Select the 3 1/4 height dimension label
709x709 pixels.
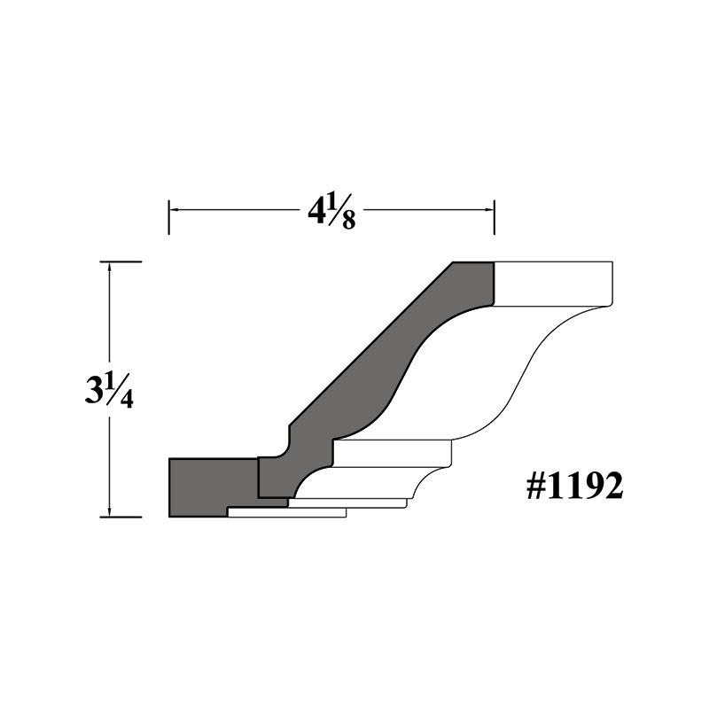(x=109, y=390)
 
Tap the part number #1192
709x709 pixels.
(x=574, y=486)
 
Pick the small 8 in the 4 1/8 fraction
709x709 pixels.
(x=348, y=221)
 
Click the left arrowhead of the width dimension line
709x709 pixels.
(x=173, y=210)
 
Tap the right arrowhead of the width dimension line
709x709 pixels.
(x=490, y=210)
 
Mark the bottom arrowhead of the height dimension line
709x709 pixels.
(x=109, y=512)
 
